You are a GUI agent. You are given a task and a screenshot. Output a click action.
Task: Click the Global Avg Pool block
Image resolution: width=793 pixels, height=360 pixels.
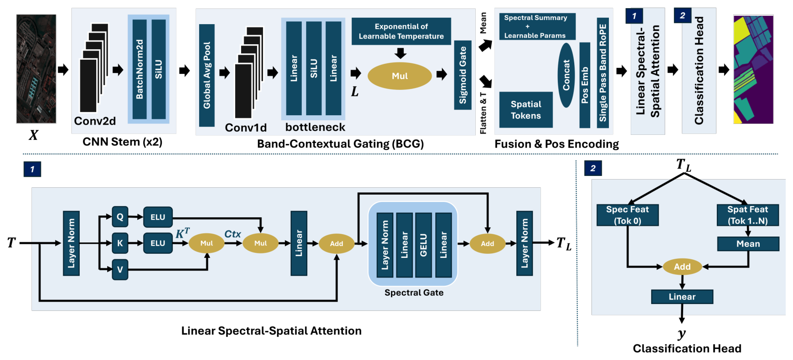point(207,75)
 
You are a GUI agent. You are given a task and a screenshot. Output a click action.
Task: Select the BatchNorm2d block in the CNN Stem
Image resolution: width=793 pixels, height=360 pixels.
point(139,69)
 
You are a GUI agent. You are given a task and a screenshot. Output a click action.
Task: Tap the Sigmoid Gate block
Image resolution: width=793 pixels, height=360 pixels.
point(463,75)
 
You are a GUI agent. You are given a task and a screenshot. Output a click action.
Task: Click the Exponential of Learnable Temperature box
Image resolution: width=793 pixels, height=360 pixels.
point(401,31)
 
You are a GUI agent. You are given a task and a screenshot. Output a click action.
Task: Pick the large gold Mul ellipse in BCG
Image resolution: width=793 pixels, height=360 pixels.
point(400,76)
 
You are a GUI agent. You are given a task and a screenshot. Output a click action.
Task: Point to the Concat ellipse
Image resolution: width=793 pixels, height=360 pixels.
point(566,75)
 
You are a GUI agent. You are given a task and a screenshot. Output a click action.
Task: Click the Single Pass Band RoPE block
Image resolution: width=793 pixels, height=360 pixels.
point(603,73)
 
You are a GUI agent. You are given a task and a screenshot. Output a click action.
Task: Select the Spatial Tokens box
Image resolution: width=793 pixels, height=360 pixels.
point(526,110)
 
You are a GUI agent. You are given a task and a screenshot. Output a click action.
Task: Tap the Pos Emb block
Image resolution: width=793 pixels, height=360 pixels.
point(585,85)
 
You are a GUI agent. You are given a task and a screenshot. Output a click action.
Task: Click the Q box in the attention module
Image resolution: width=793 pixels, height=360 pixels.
point(120,217)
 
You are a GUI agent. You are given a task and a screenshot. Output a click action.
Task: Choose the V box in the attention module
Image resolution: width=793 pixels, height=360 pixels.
point(120,269)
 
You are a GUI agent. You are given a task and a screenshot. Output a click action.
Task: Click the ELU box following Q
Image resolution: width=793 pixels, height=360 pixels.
point(158,217)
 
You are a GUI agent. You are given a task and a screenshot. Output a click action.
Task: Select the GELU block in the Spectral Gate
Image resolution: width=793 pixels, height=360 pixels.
point(423,245)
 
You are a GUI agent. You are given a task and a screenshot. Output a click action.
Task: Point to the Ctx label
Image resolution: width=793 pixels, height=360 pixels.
point(232,234)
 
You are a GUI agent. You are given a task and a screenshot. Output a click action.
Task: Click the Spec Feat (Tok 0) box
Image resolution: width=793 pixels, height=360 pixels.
point(628,215)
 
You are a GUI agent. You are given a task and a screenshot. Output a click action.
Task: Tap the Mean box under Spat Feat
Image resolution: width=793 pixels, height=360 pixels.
point(748,244)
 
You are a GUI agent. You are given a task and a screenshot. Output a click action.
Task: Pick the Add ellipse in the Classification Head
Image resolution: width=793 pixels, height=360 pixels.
point(682,267)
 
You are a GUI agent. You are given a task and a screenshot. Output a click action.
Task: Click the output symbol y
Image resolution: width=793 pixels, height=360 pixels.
point(682,334)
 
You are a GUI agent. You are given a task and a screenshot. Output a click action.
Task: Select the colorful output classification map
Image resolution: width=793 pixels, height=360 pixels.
point(753,69)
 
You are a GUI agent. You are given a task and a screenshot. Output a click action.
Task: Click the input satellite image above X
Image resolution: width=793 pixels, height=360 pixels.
point(36,69)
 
